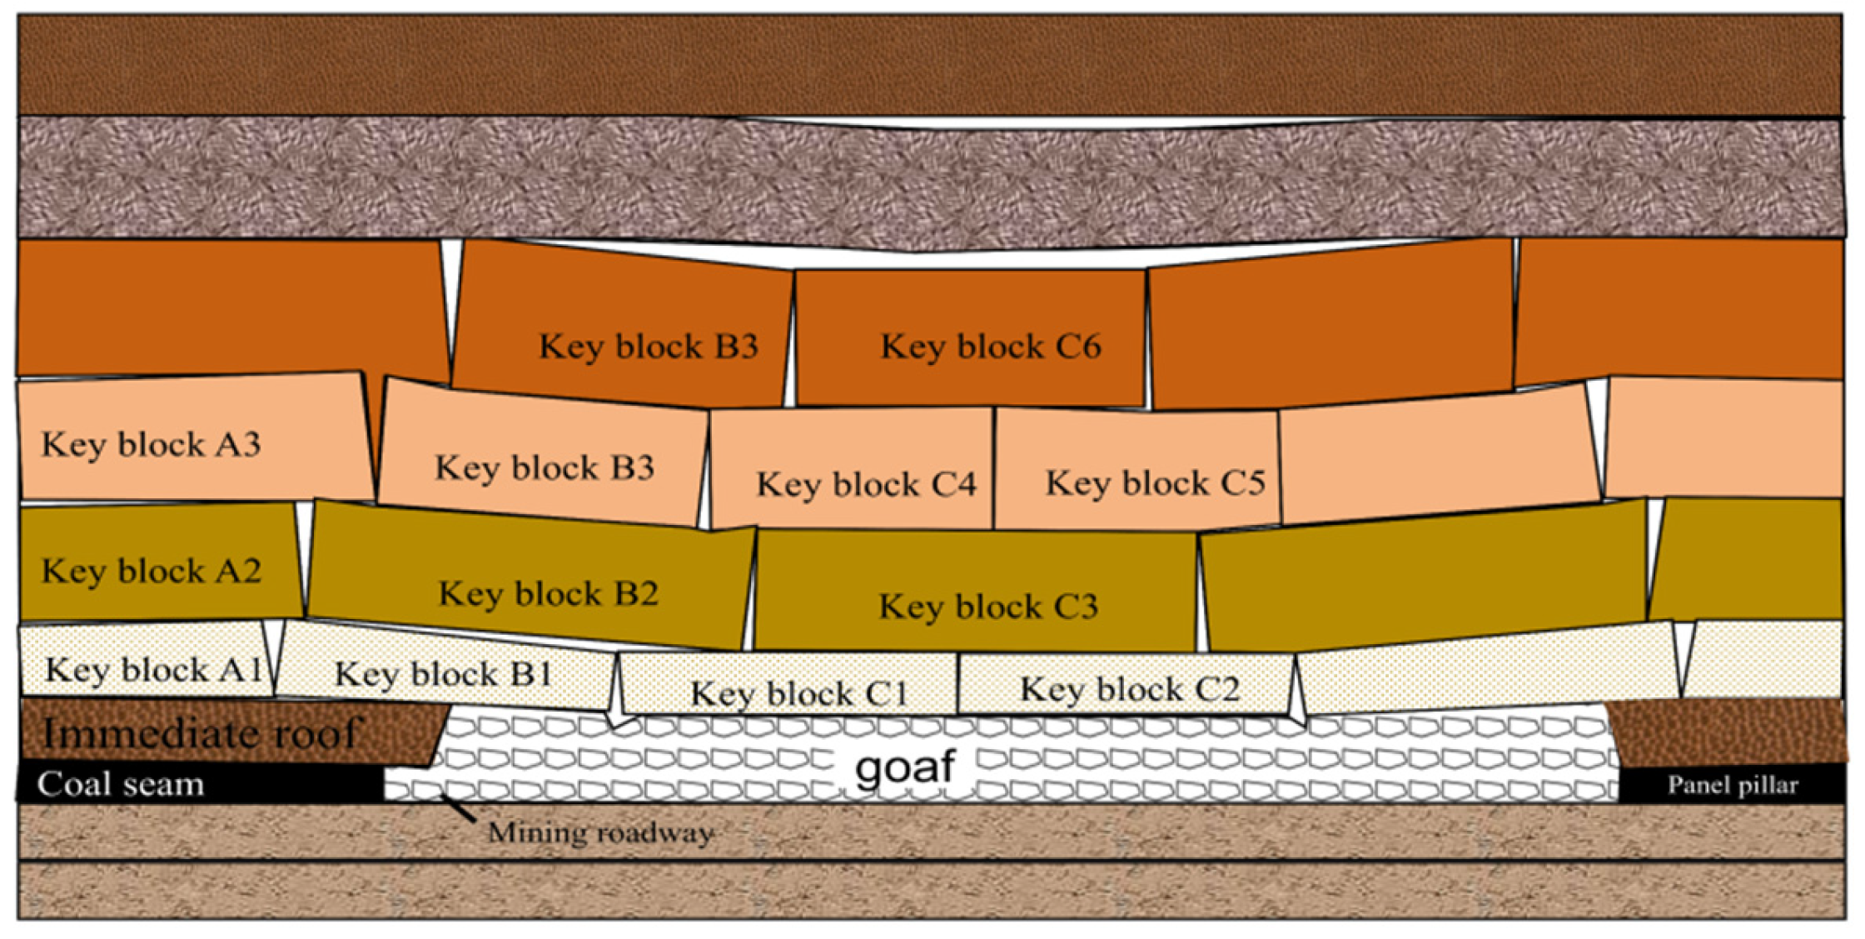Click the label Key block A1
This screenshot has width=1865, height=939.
click(154, 670)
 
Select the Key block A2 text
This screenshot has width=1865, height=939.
click(152, 572)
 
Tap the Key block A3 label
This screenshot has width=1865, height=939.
click(152, 445)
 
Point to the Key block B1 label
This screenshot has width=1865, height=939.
click(444, 674)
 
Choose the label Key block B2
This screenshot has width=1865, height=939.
click(549, 594)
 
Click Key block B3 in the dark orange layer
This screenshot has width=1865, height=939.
click(649, 347)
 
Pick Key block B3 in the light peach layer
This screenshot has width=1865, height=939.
click(545, 467)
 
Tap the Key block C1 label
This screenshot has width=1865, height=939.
click(798, 693)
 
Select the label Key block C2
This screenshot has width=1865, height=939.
click(1130, 690)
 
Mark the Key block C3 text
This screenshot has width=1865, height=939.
click(988, 607)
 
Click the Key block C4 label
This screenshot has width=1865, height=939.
click(866, 484)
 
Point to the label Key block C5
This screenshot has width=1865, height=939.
click(1155, 483)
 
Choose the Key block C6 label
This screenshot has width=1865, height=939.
click(991, 347)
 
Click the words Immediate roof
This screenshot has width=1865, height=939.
click(200, 734)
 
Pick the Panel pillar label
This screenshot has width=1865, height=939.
click(1732, 786)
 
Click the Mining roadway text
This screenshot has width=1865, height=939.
click(600, 832)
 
